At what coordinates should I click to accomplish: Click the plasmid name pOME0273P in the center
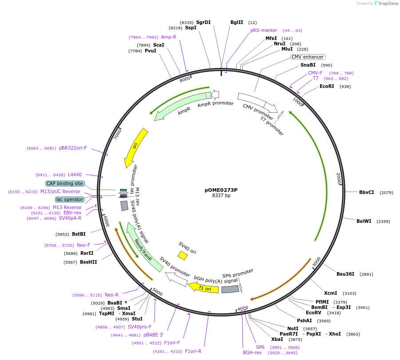point(221,190)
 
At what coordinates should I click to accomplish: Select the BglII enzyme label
point(237,22)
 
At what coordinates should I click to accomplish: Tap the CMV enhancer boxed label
point(308,57)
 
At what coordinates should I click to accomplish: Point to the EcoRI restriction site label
point(327,87)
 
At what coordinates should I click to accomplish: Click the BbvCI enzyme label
point(367,192)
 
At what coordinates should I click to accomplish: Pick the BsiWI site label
point(364,221)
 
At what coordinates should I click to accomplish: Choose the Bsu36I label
point(345,274)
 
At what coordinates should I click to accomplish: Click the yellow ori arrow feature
point(135,147)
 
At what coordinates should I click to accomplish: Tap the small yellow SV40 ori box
point(182,255)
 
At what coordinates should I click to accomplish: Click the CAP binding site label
point(65,183)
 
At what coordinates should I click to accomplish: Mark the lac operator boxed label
point(70,199)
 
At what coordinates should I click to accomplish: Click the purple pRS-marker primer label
point(264,30)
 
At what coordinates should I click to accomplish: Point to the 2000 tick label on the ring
point(338,178)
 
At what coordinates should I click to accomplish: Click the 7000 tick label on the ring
point(118,134)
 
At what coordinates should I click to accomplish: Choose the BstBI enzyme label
point(79,234)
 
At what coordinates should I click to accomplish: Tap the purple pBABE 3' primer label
point(153,335)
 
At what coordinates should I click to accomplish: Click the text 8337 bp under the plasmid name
point(221,196)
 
